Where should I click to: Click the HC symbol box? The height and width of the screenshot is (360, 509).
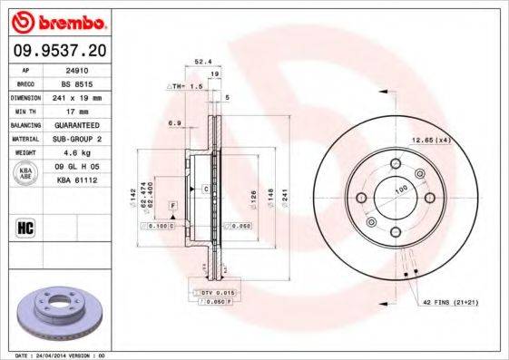pos(25,227)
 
